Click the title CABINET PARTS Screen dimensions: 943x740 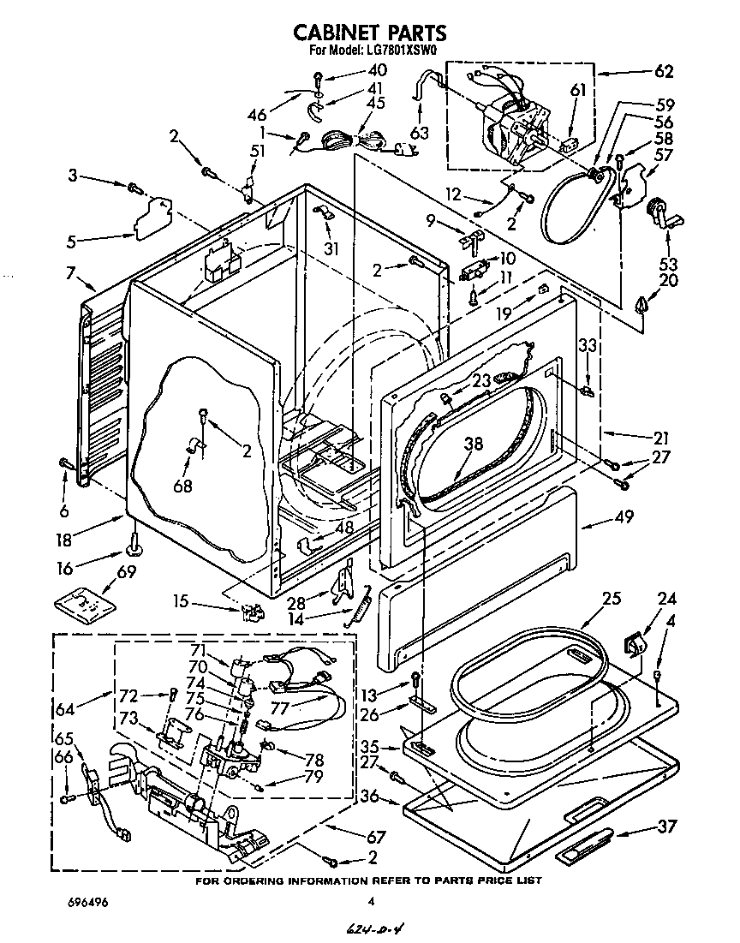pos(369,33)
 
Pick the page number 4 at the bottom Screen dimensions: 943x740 pos(371,901)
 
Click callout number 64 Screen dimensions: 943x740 pos(64,707)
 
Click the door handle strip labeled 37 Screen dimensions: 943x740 pos(584,849)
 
